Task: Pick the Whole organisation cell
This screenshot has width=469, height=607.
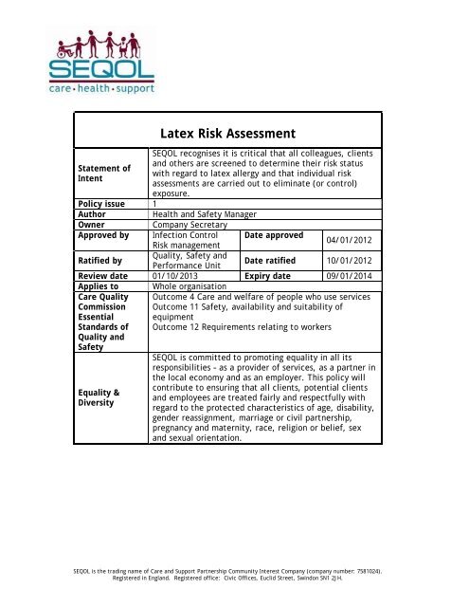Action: [x=189, y=285]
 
